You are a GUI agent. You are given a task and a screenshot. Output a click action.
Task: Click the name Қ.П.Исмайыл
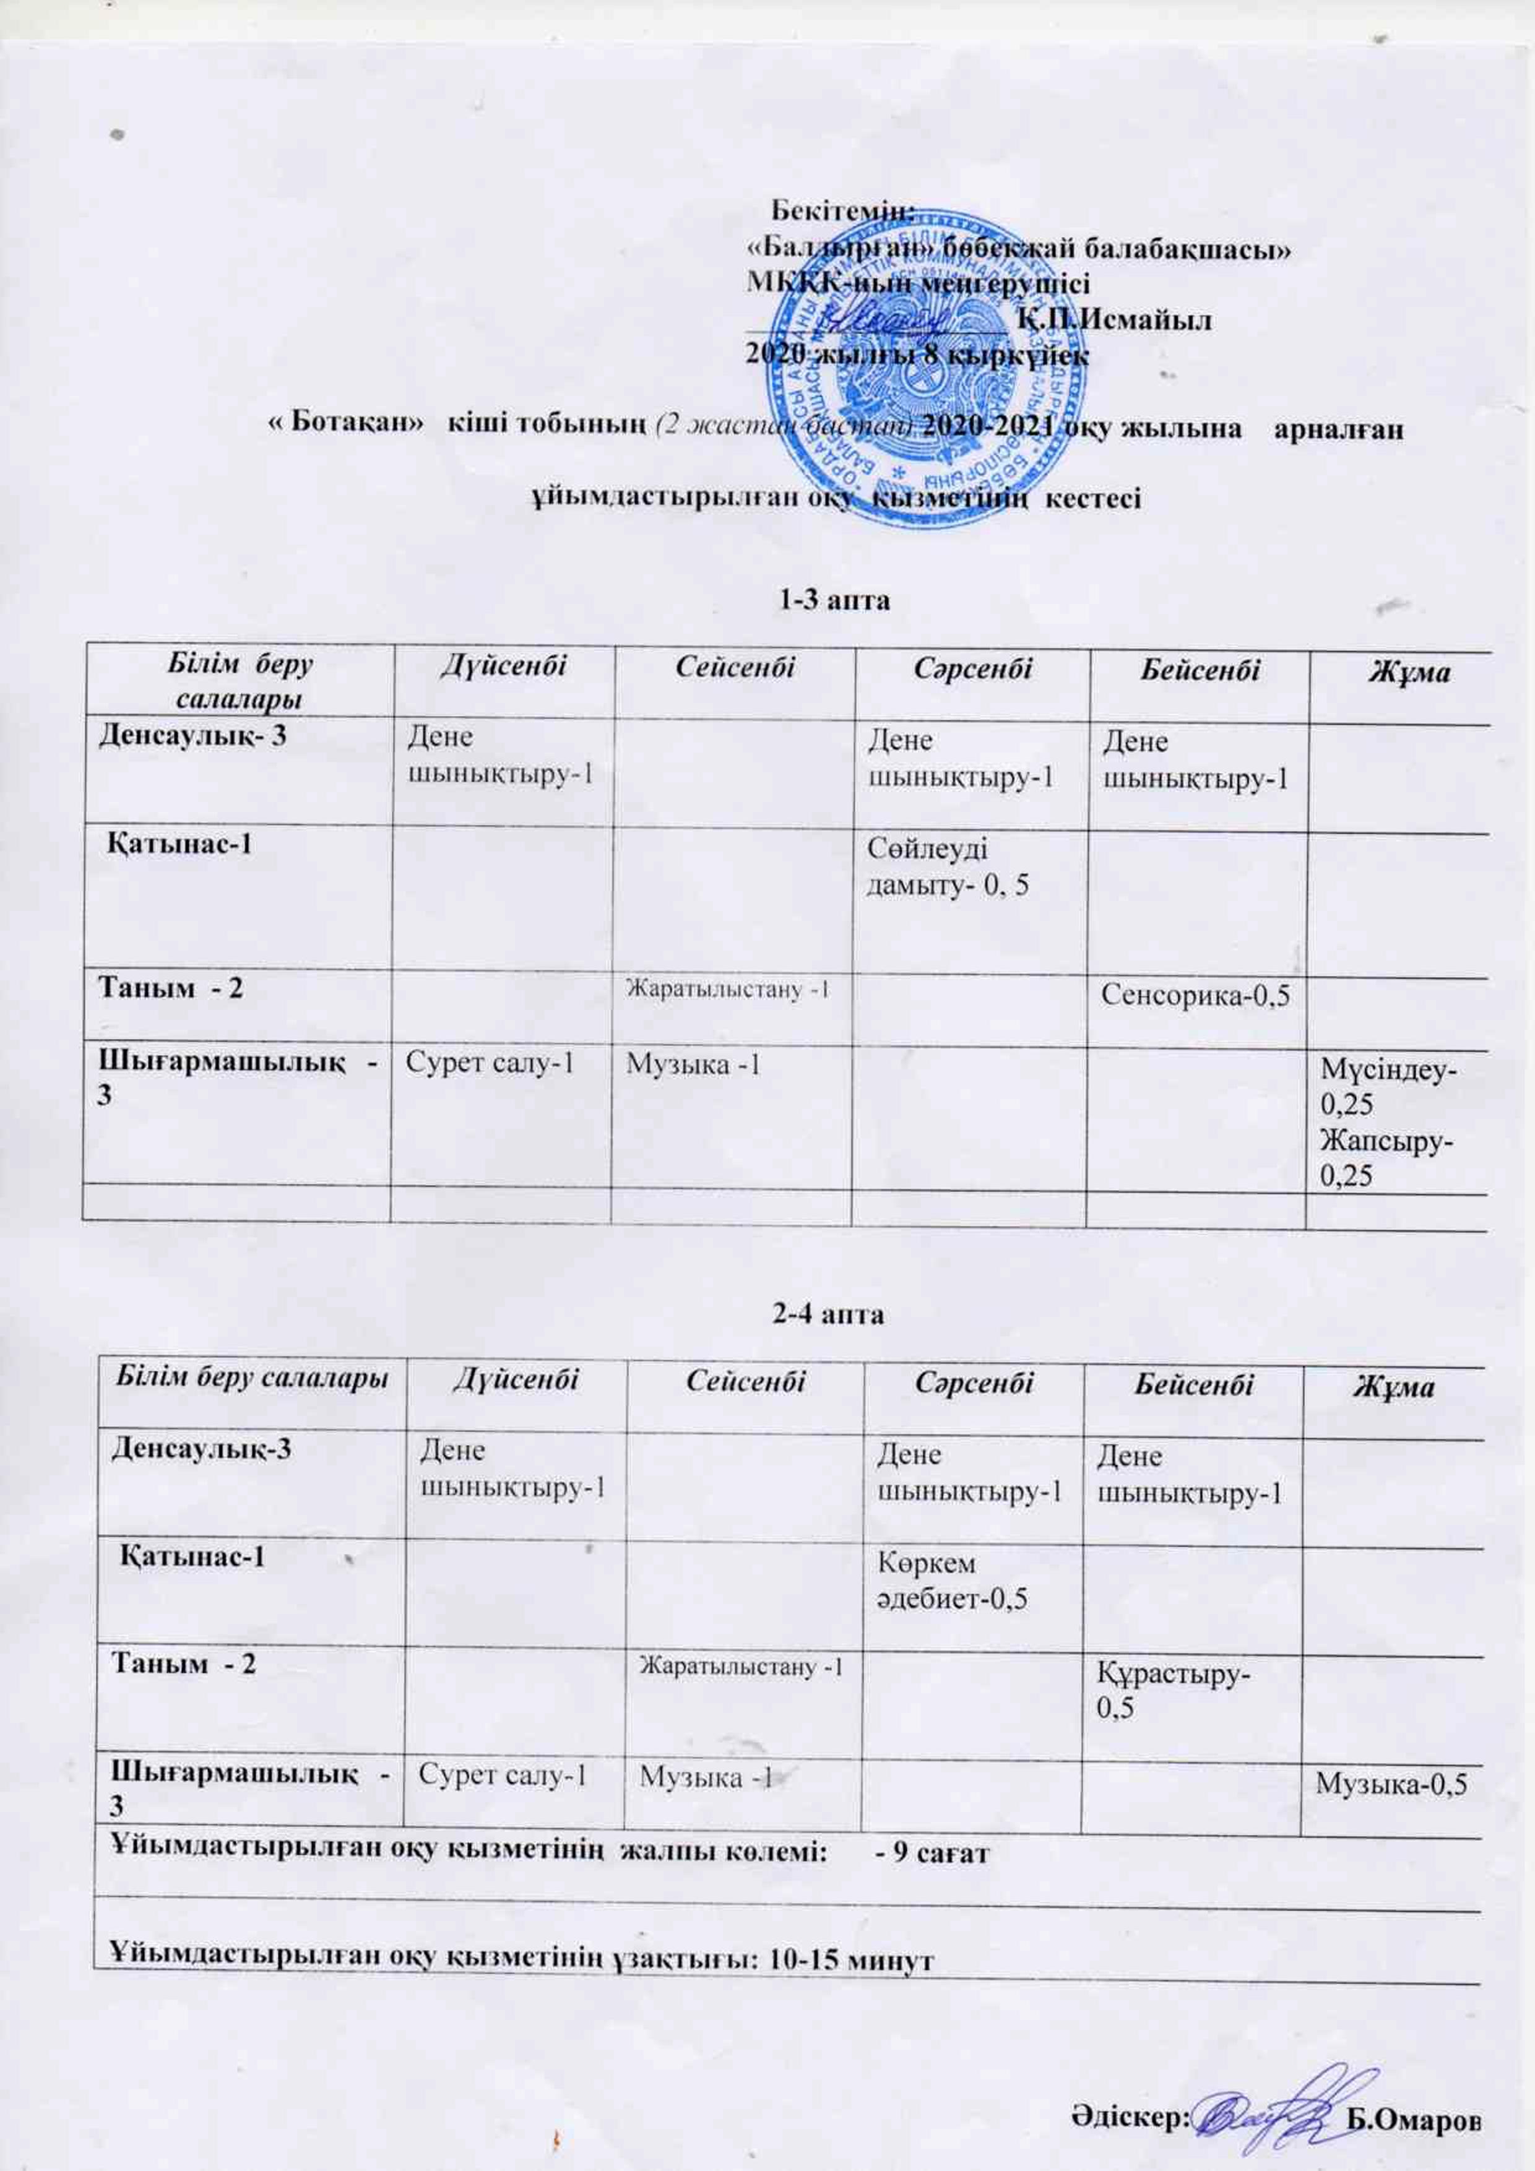1115,319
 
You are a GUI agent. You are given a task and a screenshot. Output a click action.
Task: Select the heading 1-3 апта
835,600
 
